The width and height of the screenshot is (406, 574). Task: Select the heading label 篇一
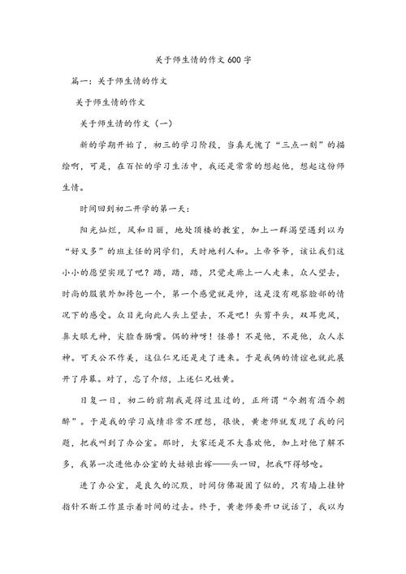click(x=81, y=82)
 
